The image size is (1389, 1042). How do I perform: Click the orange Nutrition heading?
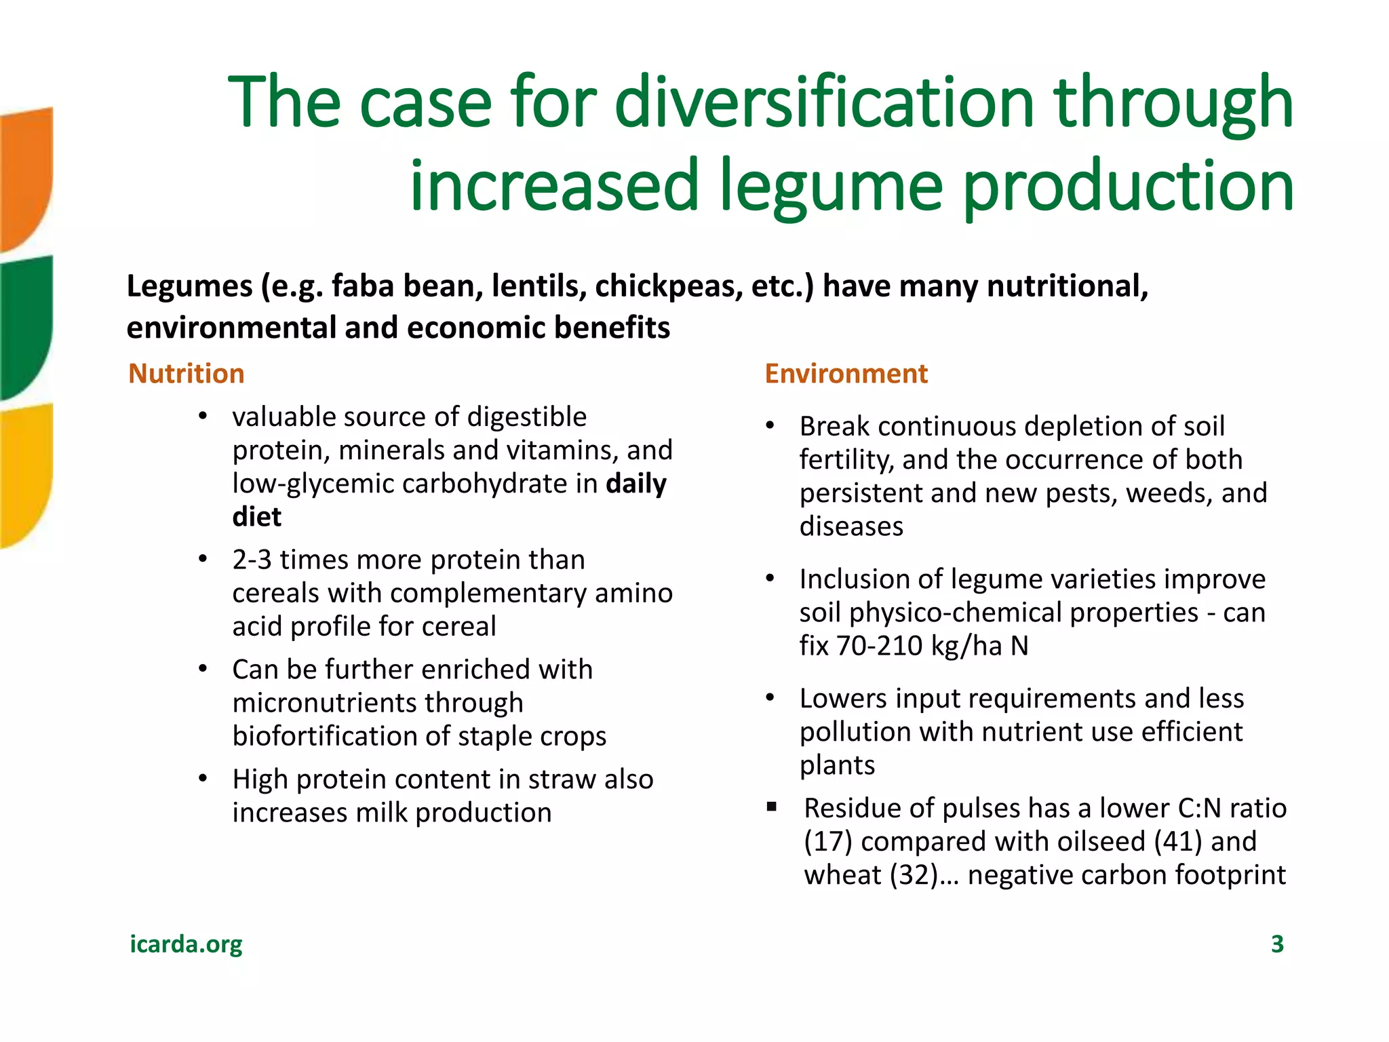coord(186,374)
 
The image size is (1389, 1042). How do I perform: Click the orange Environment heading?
coord(846,374)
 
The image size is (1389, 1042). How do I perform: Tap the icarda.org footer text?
coord(186,944)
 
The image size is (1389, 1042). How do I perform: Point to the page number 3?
coord(1277,944)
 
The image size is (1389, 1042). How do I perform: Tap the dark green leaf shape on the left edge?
coord(26,326)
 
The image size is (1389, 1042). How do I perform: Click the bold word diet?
coord(256,517)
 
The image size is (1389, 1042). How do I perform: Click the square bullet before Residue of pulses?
coord(771,807)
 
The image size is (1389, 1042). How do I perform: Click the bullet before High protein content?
coord(203,779)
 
